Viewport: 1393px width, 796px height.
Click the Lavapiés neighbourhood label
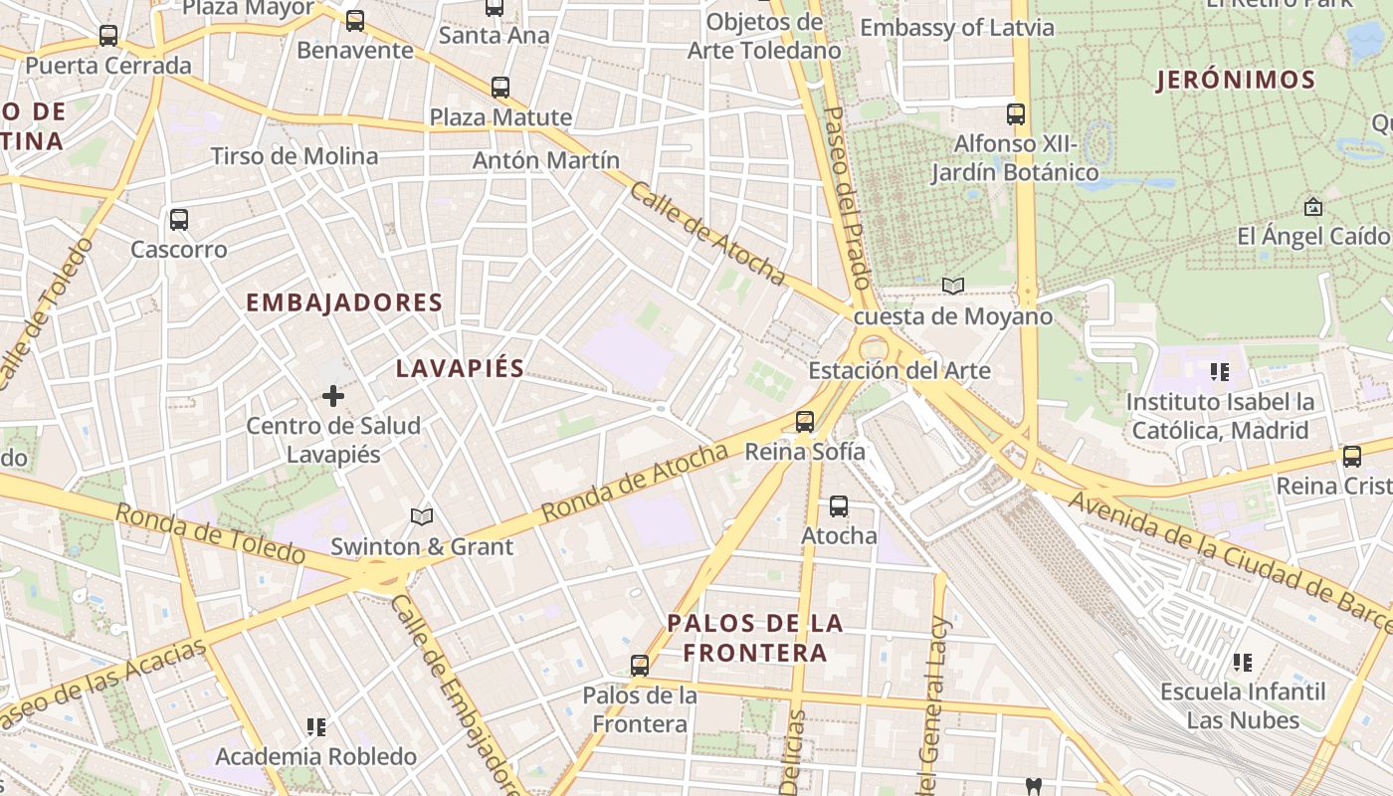[460, 368]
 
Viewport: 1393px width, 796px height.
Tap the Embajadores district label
[343, 302]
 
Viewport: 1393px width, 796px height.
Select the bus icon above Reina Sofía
[805, 422]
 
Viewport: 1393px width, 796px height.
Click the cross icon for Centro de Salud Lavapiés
[333, 397]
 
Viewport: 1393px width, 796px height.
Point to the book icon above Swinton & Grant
[422, 517]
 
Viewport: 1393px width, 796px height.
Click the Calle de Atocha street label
[706, 231]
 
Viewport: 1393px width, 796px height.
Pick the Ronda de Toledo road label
[209, 533]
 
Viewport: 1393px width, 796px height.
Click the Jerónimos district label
[1235, 81]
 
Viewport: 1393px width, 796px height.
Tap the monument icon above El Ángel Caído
[1312, 208]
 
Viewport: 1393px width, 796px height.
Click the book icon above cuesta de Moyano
[953, 287]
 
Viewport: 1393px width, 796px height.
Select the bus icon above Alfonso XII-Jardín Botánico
[1016, 114]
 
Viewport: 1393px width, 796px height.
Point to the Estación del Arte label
[899, 371]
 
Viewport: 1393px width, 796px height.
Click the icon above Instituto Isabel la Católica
[1219, 373]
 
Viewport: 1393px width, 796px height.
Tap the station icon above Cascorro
[179, 220]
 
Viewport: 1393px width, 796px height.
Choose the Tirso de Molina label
[295, 156]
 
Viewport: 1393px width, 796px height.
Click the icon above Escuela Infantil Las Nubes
[1242, 663]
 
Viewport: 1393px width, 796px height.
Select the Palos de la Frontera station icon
[640, 665]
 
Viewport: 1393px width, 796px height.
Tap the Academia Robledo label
[315, 756]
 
